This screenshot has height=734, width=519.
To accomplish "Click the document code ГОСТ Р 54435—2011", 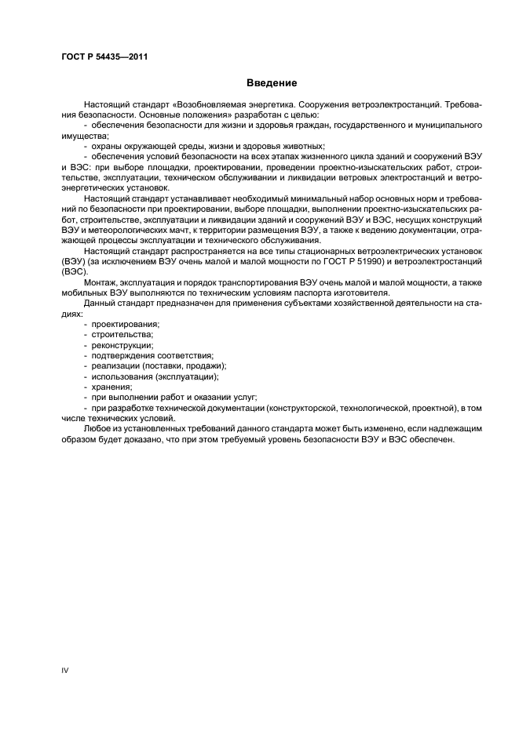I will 105,57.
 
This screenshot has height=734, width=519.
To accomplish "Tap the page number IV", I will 65,670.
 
